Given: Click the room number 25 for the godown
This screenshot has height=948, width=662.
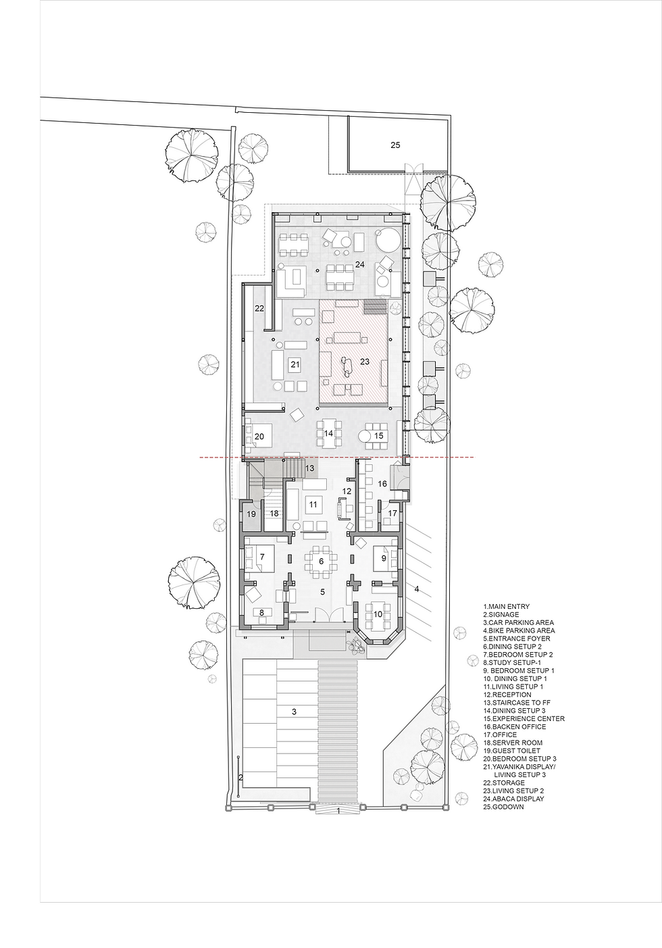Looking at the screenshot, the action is pos(395,145).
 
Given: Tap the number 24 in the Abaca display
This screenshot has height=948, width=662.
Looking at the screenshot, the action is pos(359,264).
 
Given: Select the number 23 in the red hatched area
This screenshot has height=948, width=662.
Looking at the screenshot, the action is pos(365,361).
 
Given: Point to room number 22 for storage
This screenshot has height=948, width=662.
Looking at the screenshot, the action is pos(259,309).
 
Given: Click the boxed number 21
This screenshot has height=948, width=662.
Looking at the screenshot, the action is pos(295,364).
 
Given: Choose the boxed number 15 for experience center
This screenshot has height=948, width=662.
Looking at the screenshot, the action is pos(378,436).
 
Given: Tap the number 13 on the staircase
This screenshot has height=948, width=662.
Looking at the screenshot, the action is pos(309,468).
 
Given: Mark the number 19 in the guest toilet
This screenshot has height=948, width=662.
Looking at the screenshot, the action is pos(251,514).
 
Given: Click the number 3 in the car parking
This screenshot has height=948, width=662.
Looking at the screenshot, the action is pos(295,712).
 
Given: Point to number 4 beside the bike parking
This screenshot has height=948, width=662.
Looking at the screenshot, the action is pos(416,589).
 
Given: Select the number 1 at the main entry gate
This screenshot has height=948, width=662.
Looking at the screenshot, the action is pos(338,810).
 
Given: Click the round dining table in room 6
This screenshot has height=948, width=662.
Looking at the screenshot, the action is pos(321,562).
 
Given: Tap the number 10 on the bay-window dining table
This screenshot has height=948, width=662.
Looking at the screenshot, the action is pos(378,614).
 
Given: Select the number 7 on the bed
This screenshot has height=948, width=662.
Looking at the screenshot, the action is pos(262,557).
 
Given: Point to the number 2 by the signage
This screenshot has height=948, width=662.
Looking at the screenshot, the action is pos(240,778).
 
